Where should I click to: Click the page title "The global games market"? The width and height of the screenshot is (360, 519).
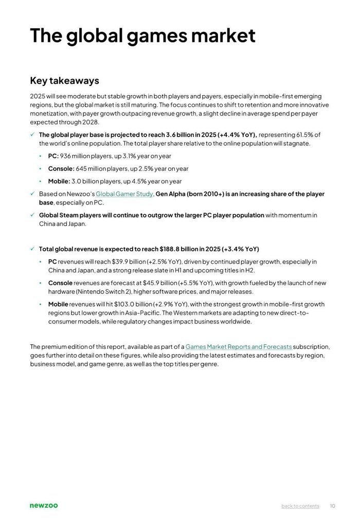(x=142, y=35)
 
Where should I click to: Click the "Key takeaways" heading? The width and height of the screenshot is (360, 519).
(x=64, y=81)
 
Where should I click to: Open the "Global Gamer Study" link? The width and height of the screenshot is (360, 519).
(x=124, y=194)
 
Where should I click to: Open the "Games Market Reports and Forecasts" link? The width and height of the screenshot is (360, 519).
(x=239, y=347)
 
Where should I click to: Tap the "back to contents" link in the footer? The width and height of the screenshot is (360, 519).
(x=300, y=506)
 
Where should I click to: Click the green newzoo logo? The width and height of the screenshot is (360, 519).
(x=44, y=506)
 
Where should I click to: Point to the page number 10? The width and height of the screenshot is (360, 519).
(x=333, y=506)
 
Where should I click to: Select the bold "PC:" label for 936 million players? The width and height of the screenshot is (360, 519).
(x=53, y=156)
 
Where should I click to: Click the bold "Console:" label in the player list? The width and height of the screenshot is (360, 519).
(x=61, y=169)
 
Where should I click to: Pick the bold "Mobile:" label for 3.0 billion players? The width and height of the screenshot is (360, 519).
(x=59, y=181)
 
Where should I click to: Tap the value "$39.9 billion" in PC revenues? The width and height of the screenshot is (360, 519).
(x=129, y=262)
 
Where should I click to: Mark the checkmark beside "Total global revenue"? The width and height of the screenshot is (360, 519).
(x=32, y=249)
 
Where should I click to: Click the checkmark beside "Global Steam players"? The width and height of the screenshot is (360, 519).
(x=32, y=215)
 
